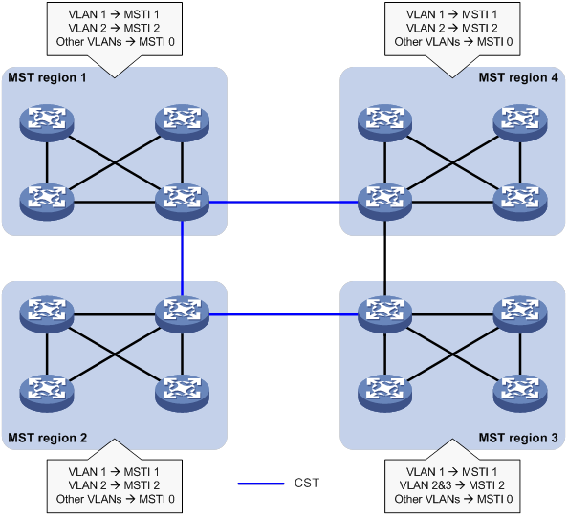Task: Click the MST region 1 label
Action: point(47,76)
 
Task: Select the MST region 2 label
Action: point(47,438)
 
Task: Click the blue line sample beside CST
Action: point(259,484)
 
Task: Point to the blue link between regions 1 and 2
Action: point(182,258)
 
